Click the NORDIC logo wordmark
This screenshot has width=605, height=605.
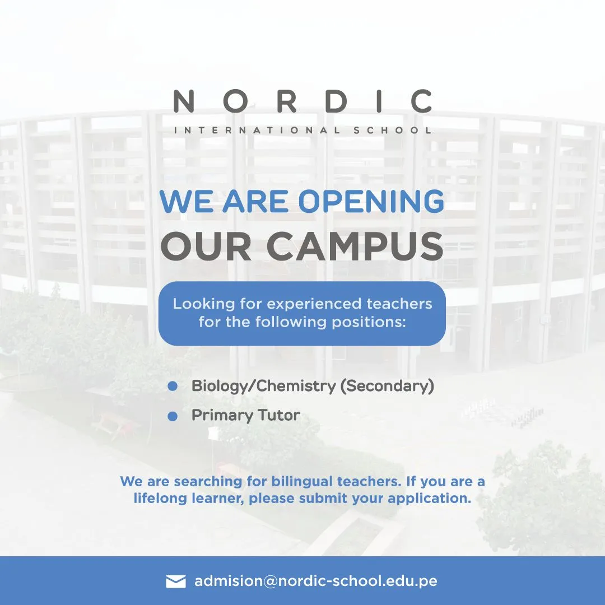[302, 101]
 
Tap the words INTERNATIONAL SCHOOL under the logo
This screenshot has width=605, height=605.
[302, 131]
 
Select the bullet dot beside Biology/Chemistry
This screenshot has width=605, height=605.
[173, 387]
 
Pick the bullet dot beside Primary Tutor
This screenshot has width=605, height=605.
[173, 416]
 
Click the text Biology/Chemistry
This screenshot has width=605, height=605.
[263, 386]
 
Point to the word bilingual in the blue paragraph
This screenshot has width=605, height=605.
[302, 481]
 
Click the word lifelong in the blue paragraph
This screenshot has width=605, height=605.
[157, 498]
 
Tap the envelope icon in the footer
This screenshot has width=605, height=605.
[176, 581]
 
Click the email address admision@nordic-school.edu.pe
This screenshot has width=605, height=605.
[315, 581]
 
